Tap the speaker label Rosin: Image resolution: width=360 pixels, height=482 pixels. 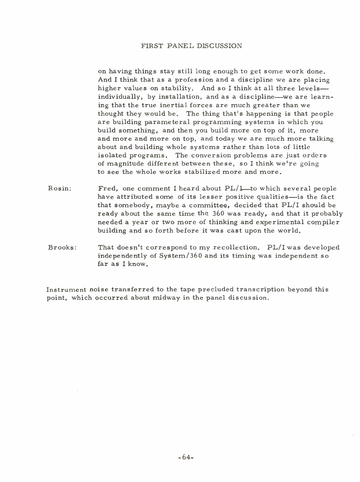click(60, 189)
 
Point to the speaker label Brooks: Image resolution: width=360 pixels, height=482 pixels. click(62, 248)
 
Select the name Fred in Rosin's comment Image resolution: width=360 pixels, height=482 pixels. click(107, 189)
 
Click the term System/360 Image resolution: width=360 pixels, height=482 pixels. click(185, 256)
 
